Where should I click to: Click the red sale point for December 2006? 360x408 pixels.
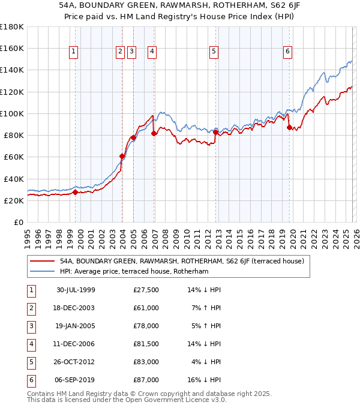pos(154,133)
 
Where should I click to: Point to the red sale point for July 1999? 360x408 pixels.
pos(76,193)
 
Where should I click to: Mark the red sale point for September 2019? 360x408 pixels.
pos(289,127)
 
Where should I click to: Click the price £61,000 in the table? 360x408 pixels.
pos(146,308)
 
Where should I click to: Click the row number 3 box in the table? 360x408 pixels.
pos(30,326)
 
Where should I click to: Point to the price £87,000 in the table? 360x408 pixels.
pos(146,380)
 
